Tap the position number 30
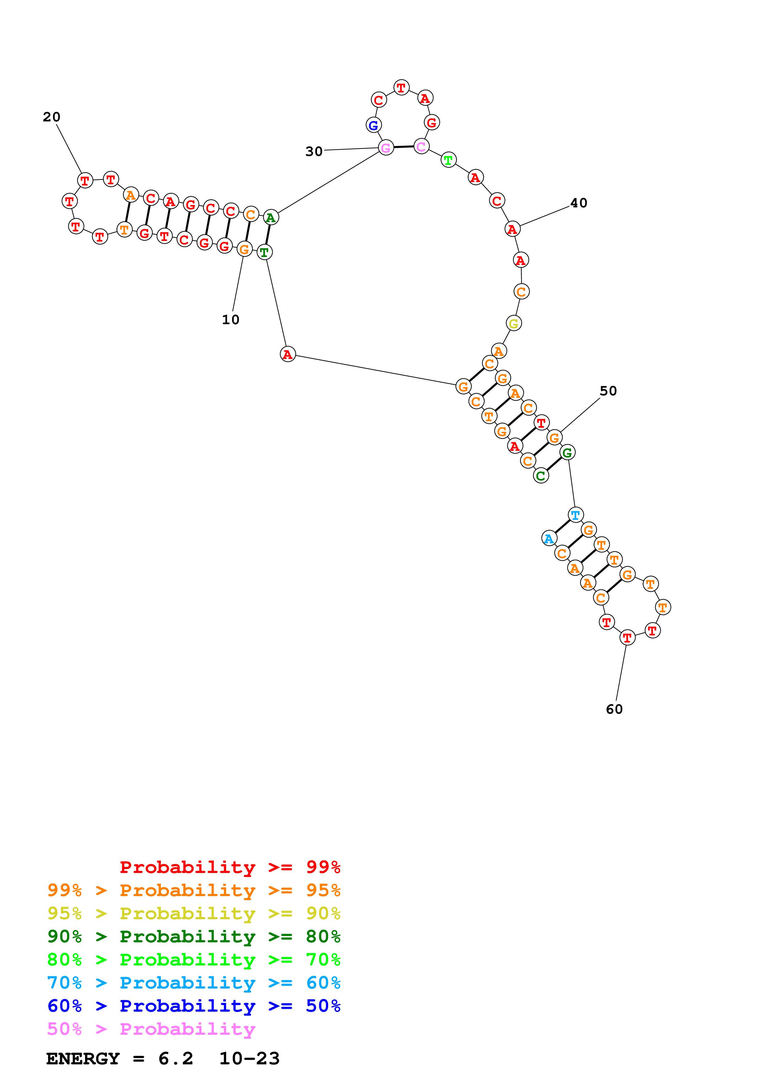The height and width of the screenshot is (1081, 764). point(314,152)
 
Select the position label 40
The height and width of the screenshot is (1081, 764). point(578,203)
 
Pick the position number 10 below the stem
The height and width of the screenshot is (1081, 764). point(231,320)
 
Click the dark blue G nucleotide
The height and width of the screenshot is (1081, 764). point(373,125)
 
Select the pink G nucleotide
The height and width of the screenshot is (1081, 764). point(386,148)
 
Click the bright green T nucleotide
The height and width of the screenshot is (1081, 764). point(448,160)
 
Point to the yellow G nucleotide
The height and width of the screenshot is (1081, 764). point(513,324)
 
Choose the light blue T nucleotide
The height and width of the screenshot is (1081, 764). point(575,515)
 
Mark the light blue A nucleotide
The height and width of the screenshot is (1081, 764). point(549,538)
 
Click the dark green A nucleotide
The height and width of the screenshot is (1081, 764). point(270,218)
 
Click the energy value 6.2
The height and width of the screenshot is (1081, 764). point(176,1059)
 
